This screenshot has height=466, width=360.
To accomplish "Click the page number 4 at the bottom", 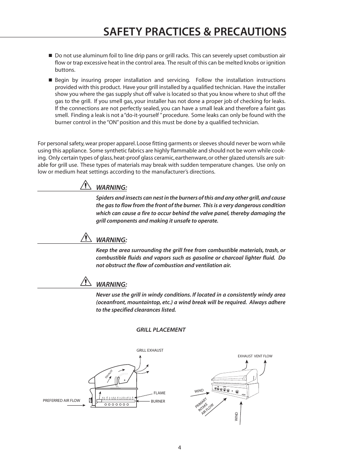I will pyautogui.click(x=180, y=448).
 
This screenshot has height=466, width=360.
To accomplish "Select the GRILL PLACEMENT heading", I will pyautogui.click(x=161, y=330).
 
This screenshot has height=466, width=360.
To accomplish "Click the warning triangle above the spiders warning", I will pyautogui.click(x=86, y=186).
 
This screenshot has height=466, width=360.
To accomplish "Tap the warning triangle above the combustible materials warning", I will pyautogui.click(x=86, y=238).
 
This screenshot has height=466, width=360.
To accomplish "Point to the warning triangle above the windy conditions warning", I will pyautogui.click(x=86, y=282).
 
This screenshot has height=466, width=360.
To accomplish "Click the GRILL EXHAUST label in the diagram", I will pyautogui.click(x=150, y=351).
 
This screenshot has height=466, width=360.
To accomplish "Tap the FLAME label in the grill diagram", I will pyautogui.click(x=159, y=393).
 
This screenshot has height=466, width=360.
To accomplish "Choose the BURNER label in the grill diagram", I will pyautogui.click(x=158, y=401).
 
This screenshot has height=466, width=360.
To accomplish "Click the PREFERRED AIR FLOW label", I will pyautogui.click(x=62, y=401).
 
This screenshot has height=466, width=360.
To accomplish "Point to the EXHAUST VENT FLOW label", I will pyautogui.click(x=255, y=356).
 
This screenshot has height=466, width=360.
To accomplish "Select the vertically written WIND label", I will pyautogui.click(x=237, y=417).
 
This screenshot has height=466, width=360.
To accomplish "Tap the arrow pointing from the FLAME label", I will pyautogui.click(x=144, y=394).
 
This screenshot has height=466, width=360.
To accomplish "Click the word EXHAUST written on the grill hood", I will pyautogui.click(x=109, y=374).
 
